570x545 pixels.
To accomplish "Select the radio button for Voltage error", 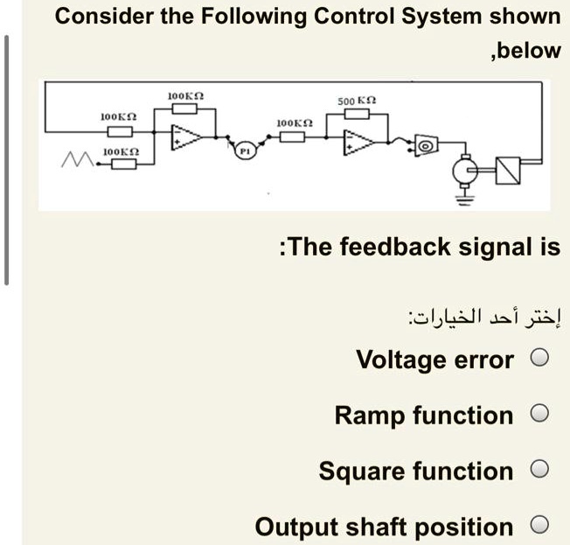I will [x=540, y=358].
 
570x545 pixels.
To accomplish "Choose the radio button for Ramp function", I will [x=540, y=414].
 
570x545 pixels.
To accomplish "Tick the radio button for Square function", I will [x=540, y=470].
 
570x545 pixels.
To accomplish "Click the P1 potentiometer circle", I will [x=247, y=151].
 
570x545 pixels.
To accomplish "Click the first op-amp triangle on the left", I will [x=186, y=138].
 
